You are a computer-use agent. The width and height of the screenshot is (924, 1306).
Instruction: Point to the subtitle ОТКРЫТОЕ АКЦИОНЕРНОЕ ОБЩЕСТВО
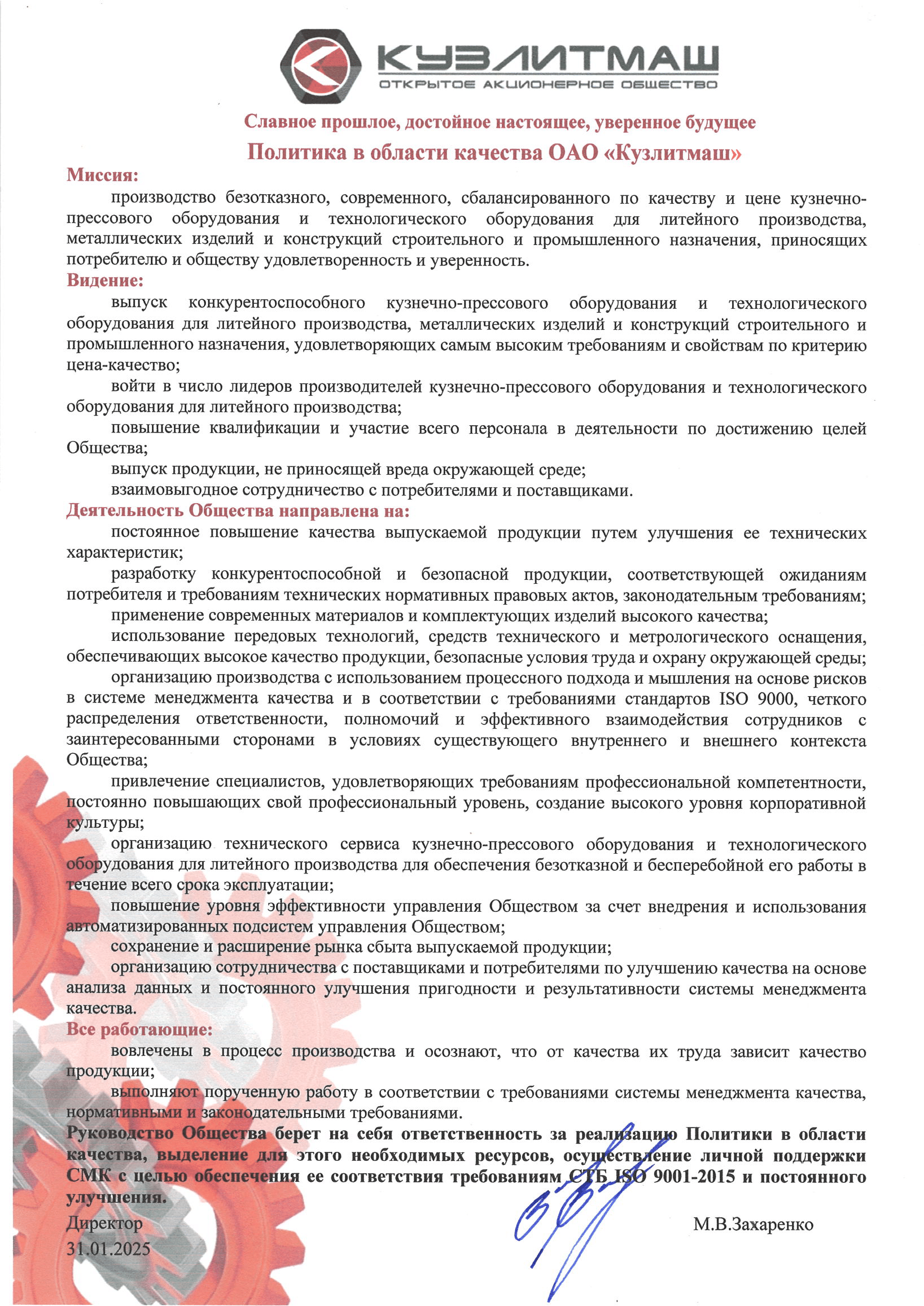point(548,85)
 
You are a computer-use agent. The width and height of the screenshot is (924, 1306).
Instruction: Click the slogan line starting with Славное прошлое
point(500,123)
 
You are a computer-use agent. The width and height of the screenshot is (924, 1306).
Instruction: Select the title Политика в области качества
point(494,152)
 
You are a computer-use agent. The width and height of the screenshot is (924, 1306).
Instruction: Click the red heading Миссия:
point(102,174)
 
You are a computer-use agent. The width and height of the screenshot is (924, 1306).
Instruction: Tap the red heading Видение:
point(104,281)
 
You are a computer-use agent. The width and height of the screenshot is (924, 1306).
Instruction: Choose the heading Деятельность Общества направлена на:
point(238,511)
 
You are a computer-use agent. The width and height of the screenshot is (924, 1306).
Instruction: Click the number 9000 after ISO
point(776,699)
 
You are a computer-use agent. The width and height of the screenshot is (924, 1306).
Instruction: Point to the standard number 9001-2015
point(694,1176)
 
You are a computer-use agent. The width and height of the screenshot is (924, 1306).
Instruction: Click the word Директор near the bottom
point(104,1223)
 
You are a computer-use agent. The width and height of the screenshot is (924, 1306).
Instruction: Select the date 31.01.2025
point(108,1248)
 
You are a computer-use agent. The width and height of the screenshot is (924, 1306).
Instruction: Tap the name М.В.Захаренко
point(753,1224)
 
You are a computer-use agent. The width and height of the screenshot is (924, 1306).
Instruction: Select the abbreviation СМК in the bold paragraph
point(88,1176)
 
